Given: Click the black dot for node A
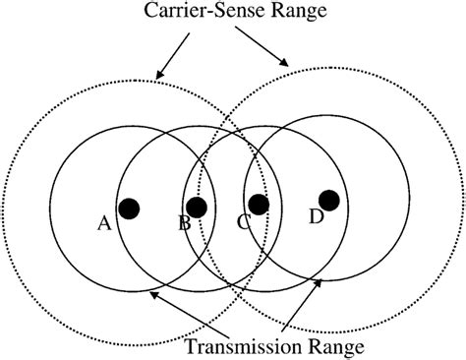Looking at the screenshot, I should coord(128,209).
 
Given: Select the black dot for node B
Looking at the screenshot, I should coord(196,208).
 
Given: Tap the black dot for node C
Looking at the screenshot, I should coord(259,205).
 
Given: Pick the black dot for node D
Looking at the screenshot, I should coord(329,201).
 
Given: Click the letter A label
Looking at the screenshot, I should coord(104,224).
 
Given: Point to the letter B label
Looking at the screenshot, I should coord(184,224).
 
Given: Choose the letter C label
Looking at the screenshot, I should coord(243,223).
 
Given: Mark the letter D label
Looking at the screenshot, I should coord(316,217).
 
